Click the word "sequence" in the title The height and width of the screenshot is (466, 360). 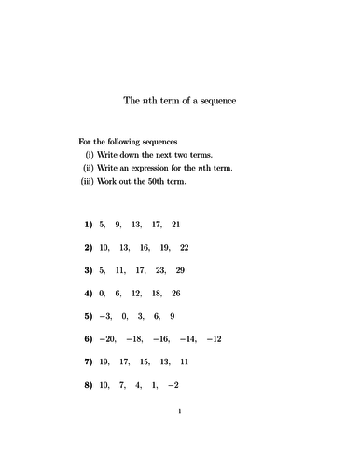pyautogui.click(x=216, y=101)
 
